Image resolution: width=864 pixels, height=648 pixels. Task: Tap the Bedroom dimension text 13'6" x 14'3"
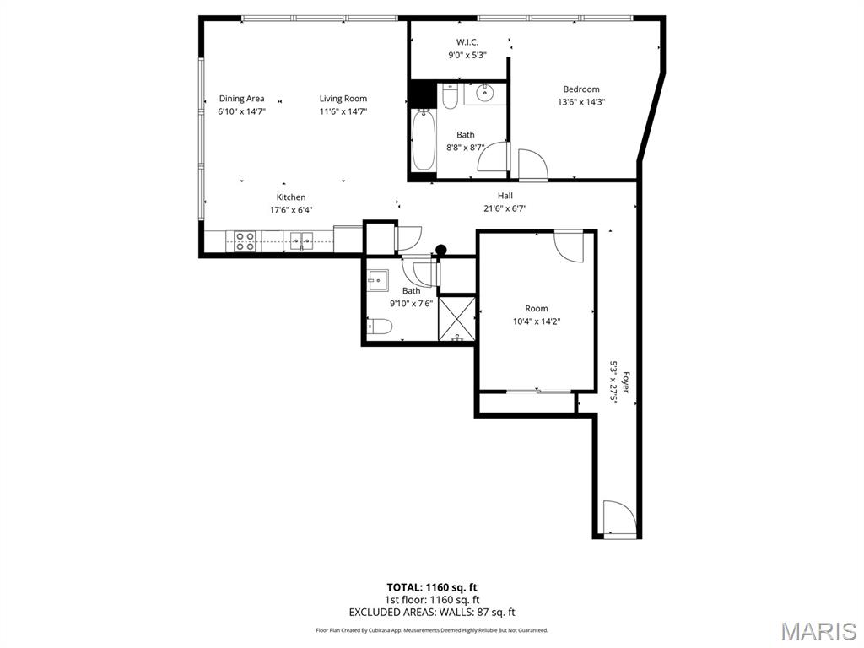[x=581, y=102]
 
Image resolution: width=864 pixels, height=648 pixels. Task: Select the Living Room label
[x=343, y=99]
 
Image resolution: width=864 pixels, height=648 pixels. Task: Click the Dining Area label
[x=241, y=99]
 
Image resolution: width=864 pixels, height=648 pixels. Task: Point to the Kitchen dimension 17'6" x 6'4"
[x=291, y=210]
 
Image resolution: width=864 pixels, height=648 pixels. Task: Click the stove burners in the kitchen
[x=245, y=242]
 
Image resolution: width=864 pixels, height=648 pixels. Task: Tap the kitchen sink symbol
[x=302, y=241]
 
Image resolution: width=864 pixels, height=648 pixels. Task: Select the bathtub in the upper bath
[x=424, y=141]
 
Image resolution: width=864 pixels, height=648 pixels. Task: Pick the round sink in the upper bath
[x=484, y=94]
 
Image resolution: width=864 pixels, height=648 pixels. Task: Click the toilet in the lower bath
[x=379, y=327]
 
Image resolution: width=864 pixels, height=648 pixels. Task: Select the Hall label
[x=505, y=196]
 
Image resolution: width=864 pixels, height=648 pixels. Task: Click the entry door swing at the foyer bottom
[x=617, y=516]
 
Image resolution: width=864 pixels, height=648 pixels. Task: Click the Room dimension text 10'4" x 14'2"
[x=537, y=321]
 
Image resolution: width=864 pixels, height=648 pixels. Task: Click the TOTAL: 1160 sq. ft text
[x=432, y=586]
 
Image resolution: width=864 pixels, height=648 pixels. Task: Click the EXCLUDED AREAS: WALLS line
[x=432, y=613]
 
